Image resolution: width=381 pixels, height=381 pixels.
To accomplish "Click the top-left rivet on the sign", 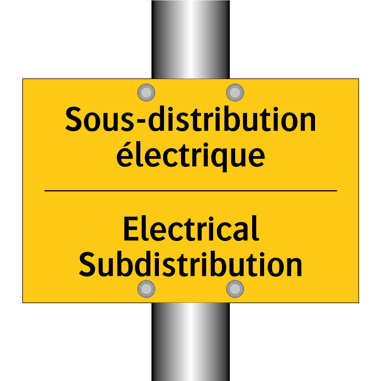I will [146, 92].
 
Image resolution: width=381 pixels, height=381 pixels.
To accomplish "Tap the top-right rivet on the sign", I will [235, 92].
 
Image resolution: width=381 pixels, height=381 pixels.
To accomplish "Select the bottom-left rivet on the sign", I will [146, 288].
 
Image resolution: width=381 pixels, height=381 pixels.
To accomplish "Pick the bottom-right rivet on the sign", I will [235, 288].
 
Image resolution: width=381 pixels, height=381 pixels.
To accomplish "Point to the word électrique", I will [190, 155].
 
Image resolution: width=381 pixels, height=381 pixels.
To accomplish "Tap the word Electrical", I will [191, 229].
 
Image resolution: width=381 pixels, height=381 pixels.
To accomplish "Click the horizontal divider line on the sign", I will [190, 191].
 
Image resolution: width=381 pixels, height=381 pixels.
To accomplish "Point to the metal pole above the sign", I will [190, 40].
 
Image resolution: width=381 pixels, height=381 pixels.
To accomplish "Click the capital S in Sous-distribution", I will [74, 119].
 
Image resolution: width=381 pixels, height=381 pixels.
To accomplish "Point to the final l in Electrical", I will [256, 228].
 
